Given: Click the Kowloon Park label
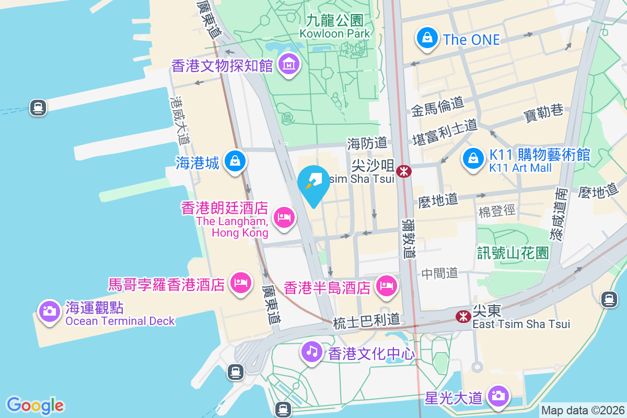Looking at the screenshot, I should (x=335, y=27).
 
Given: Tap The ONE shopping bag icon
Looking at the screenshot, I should (x=427, y=38).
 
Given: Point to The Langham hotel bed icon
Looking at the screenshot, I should (x=284, y=217).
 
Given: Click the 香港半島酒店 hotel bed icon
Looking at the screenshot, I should (x=386, y=286).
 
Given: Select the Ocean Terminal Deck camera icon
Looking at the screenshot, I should (x=50, y=311).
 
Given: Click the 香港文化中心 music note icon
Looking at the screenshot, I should (x=312, y=351).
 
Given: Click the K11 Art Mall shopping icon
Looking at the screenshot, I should (x=473, y=158).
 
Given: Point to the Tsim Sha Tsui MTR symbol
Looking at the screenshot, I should (x=403, y=171).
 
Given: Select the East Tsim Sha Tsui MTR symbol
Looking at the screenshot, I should (x=462, y=316).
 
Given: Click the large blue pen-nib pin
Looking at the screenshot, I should (x=313, y=184).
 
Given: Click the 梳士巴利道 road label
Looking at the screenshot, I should (x=367, y=319).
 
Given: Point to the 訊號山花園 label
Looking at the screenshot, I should (x=513, y=253).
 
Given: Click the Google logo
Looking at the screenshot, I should (x=35, y=405).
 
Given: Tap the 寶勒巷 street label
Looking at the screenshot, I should (x=543, y=111).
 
